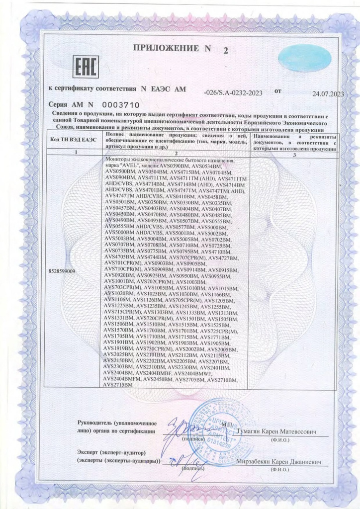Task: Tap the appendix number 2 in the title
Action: pos(224,51)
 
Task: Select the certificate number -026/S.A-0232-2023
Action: pos(233,92)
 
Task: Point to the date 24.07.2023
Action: pos(328,93)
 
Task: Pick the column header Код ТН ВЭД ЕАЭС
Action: pos(73,141)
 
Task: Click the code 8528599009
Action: pos(63,271)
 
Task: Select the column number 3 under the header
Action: pos(295,156)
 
